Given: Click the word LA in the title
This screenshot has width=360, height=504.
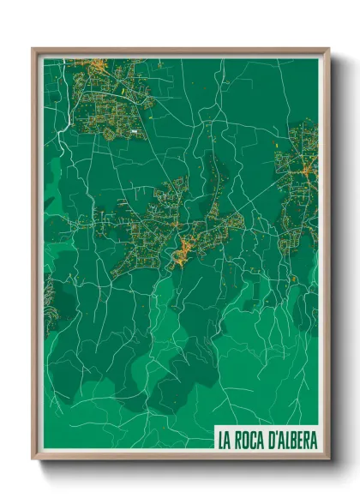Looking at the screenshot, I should tap(225, 441).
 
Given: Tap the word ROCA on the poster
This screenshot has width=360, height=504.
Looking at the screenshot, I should tap(252, 441).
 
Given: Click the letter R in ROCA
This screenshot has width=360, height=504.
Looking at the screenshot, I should tap(239, 441).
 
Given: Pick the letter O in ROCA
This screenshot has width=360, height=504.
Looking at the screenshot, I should tap(248, 441).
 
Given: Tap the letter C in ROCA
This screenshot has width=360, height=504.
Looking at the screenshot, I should tap(256, 441).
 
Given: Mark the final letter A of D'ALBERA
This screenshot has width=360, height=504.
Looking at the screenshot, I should tap(313, 441).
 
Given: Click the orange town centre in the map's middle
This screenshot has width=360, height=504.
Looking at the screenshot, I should tap(184, 250).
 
